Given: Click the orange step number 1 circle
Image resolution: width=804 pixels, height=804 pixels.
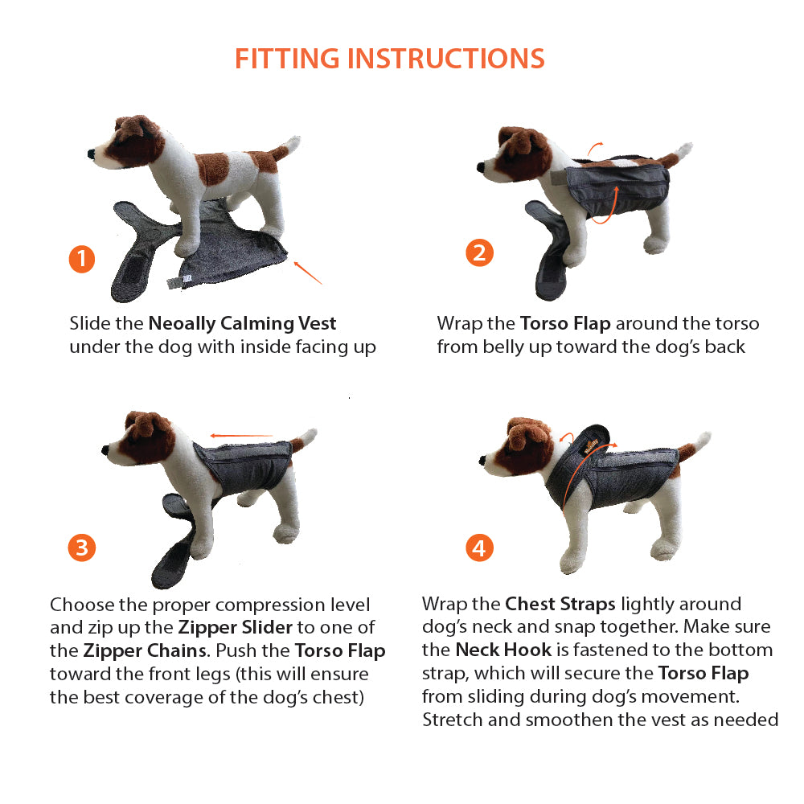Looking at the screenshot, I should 82,260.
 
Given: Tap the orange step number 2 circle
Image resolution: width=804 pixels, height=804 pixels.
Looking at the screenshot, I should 479,252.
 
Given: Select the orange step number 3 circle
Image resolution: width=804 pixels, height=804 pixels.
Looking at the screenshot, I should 82,548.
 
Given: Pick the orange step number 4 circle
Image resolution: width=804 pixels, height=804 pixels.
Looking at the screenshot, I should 479,548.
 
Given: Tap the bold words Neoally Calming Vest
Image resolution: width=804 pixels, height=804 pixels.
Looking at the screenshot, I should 242,324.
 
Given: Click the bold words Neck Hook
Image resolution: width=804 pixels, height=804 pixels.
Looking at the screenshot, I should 504,650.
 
